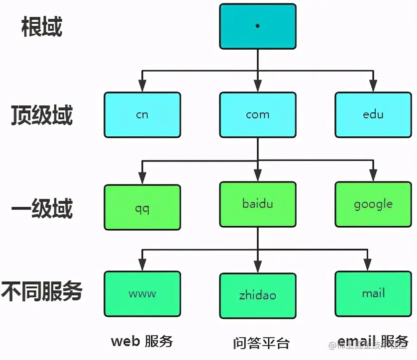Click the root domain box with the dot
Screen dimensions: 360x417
click(258, 26)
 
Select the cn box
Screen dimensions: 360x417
click(142, 115)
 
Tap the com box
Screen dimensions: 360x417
click(258, 115)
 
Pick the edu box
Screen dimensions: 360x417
click(373, 115)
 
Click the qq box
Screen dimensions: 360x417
click(142, 207)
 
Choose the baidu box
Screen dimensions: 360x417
click(258, 204)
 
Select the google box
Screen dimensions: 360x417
click(373, 204)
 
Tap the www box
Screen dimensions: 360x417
click(142, 294)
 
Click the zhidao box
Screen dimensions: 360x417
click(258, 296)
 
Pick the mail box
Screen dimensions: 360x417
click(373, 294)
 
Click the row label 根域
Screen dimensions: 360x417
click(42, 27)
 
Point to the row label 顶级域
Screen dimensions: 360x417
click(42, 115)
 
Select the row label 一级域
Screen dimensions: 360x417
click(42, 208)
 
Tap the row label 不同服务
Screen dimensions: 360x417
click(42, 291)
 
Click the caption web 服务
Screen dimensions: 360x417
click(142, 341)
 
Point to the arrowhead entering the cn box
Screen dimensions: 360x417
click(142, 87)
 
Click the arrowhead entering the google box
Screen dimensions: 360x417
click(373, 177)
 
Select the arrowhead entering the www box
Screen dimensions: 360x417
click(142, 266)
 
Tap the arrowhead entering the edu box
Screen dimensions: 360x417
click(373, 87)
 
